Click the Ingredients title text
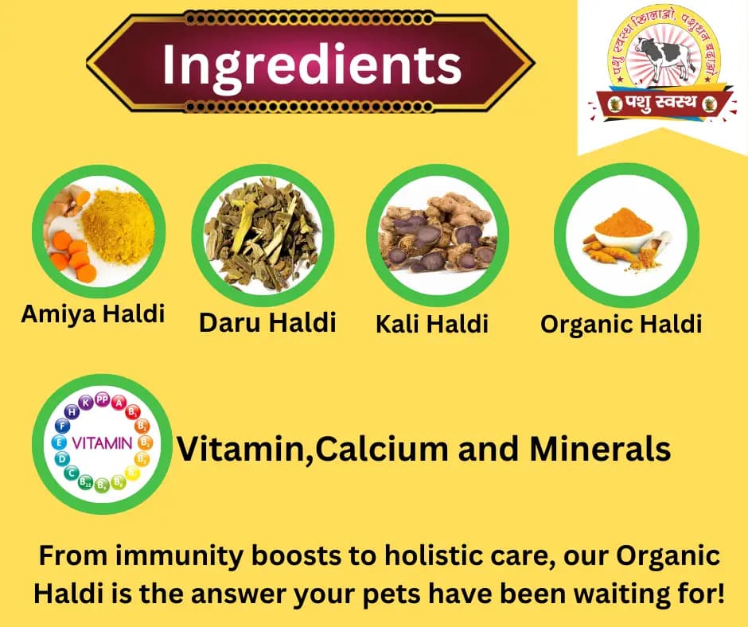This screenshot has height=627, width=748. click(x=311, y=64)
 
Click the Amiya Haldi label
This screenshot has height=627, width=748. click(x=92, y=313)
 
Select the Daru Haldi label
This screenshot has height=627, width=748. click(x=267, y=322)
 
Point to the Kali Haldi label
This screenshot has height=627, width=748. click(x=431, y=324)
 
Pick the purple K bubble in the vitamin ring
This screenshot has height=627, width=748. click(x=86, y=403)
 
